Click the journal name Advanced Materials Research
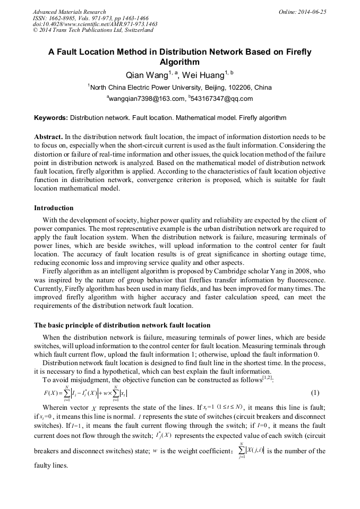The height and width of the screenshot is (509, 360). point(69,12)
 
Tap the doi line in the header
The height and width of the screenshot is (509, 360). point(95,24)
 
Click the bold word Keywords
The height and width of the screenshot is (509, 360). point(50,118)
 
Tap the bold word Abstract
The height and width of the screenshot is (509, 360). point(49,136)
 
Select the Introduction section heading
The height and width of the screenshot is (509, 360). point(54,208)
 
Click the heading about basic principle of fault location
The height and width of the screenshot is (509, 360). point(122,325)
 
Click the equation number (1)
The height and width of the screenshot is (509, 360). point(315,393)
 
